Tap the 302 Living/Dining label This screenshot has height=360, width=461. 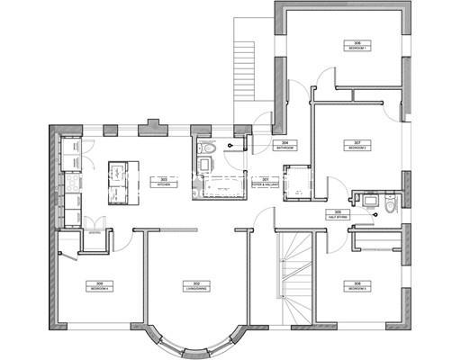191,285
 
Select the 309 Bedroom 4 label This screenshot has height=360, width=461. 96,285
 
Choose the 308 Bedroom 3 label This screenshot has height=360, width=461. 357,285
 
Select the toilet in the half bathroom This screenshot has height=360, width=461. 388,204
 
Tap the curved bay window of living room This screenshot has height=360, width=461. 190,343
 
